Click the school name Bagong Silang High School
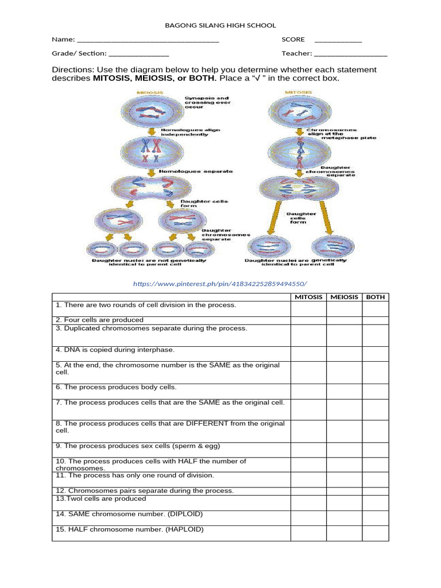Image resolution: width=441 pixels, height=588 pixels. coord(220,25)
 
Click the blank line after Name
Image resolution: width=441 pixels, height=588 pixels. coord(148,40)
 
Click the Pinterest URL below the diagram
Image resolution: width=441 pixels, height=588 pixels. coord(220,284)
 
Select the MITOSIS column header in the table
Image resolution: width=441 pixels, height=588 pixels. coord(308,297)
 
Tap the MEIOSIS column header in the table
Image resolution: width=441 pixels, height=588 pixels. coord(344,297)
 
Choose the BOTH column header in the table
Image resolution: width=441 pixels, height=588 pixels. coord(375,297)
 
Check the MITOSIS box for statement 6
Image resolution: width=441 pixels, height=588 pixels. coord(308,390)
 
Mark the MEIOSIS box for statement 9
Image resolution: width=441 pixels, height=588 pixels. coord(344,449)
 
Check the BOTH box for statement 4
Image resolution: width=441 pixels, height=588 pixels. coord(375,353)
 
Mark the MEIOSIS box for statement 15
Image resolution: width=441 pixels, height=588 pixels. coord(344,533)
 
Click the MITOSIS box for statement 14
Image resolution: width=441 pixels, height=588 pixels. coord(308,517)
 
